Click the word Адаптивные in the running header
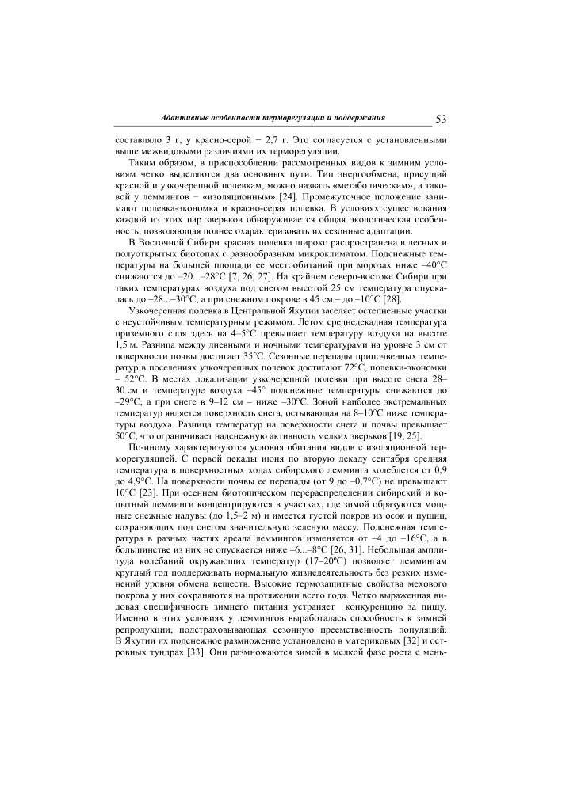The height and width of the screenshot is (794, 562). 188,117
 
